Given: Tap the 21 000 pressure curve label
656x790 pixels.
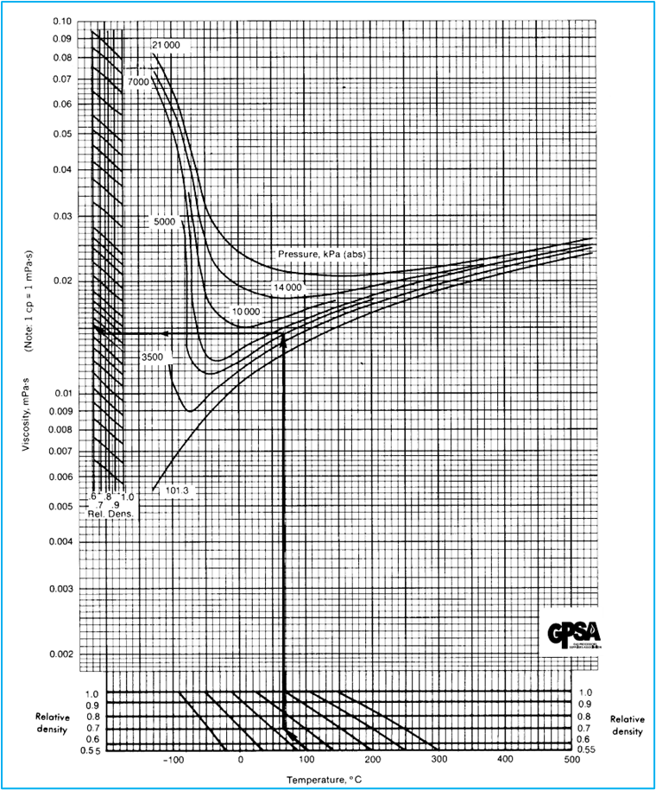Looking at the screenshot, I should point(168,44).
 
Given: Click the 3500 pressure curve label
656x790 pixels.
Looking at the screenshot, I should point(152,356).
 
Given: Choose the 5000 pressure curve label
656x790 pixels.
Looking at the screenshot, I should point(164,222).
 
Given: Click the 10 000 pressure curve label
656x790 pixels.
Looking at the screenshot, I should point(246,311).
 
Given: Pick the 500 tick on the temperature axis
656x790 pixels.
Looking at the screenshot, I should point(571,760).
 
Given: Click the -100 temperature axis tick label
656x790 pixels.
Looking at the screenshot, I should point(173,760).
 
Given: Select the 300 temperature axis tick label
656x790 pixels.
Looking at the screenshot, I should point(439,760).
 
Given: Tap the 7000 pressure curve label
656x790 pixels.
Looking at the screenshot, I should point(139,81).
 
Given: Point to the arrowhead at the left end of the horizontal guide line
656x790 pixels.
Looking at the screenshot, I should point(98,329).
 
